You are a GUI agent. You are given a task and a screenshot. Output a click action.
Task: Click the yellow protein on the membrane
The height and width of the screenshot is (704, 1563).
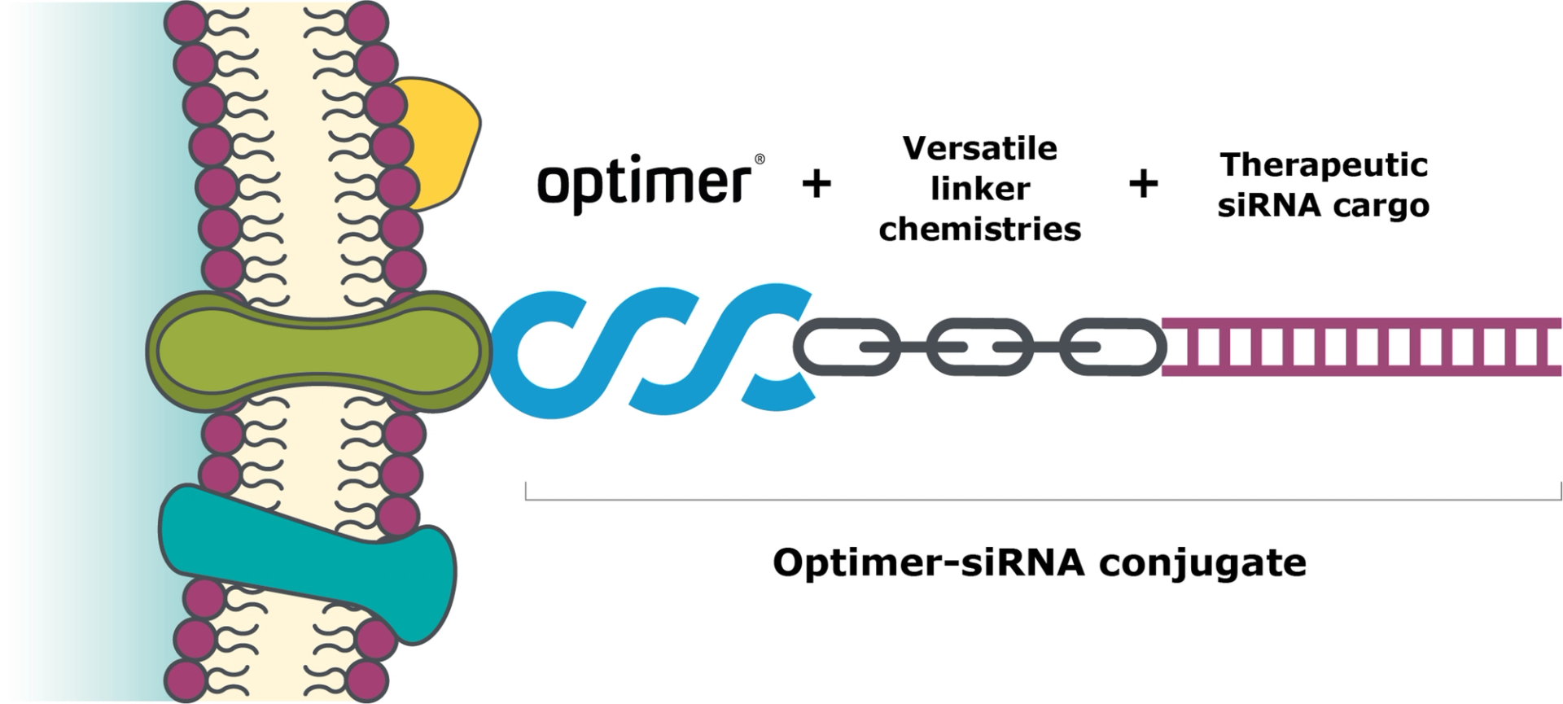point(440,138)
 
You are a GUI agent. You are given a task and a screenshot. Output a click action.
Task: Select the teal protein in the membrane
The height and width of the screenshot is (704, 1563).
point(309,553)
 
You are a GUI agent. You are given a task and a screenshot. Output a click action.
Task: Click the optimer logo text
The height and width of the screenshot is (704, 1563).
point(644,182)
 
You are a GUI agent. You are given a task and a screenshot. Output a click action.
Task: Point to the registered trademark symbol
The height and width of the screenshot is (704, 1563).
point(760,160)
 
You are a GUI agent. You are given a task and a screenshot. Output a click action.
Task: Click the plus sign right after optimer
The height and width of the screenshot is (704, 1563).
point(817,184)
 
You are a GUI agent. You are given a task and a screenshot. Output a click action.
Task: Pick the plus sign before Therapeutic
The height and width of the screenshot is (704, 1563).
point(1143,184)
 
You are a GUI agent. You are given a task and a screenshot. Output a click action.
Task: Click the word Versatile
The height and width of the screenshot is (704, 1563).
point(980,148)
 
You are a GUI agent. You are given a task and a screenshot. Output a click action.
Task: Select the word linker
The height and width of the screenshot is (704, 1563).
point(980,189)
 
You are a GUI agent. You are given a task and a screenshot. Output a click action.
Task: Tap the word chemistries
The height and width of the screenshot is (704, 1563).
point(980,230)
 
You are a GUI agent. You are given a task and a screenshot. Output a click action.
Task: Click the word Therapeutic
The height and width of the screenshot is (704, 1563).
point(1324,165)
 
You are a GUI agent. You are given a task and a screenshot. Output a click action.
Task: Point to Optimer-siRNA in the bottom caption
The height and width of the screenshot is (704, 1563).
point(928,562)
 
